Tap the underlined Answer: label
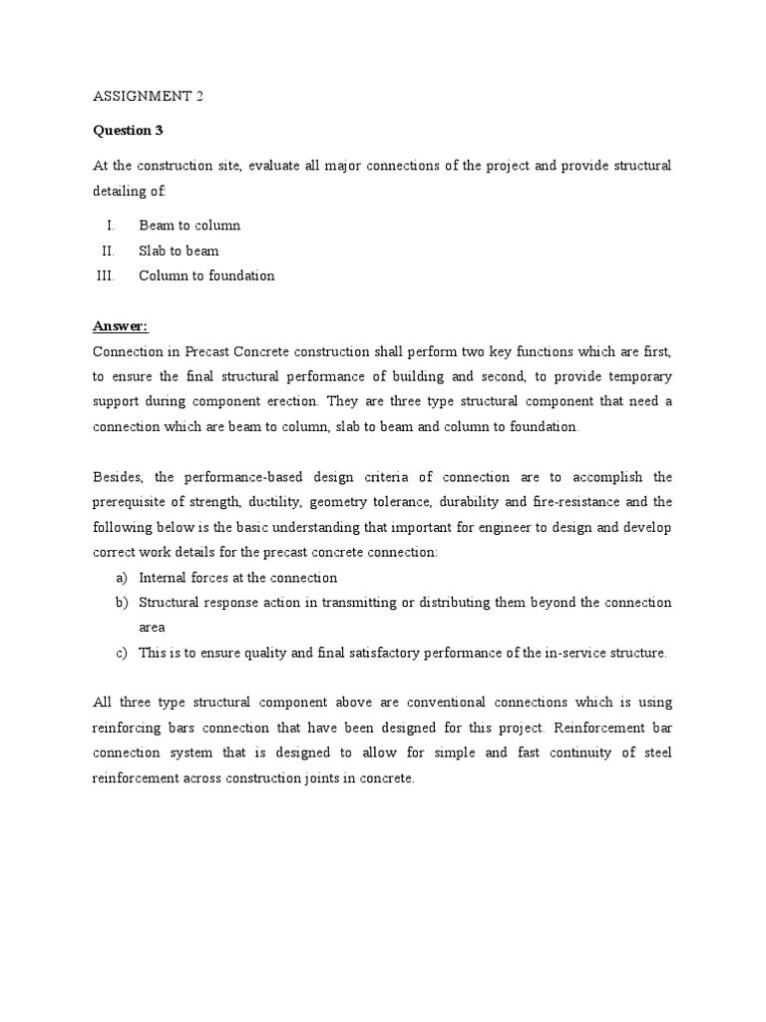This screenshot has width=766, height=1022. [120, 325]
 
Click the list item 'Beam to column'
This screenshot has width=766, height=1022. [190, 226]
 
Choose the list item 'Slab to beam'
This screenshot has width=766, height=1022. [179, 251]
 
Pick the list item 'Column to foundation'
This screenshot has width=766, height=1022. [206, 275]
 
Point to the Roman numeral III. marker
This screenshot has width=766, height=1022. [105, 275]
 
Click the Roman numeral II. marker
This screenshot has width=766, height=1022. [108, 251]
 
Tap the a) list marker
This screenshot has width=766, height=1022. [122, 577]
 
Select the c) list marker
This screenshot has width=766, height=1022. [122, 653]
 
